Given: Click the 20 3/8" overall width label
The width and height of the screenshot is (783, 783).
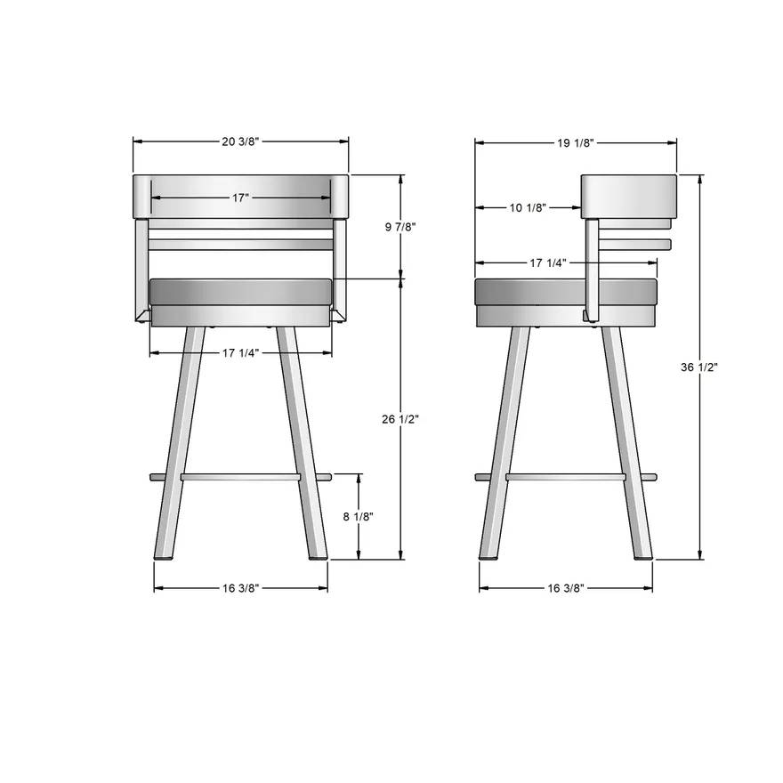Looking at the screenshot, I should coord(240,141).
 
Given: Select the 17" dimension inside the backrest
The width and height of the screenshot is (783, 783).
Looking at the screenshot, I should coord(240,198).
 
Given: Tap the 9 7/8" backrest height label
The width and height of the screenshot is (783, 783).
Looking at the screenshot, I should coord(400,228).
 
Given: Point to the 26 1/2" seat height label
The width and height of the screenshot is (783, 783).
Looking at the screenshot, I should coord(401,418).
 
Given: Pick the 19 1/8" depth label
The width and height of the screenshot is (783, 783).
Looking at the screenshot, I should coord(576,141).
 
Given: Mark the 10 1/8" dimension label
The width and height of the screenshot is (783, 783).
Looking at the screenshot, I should coord(529,207).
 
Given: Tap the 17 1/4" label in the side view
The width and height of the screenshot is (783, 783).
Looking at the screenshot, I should coord(549,262).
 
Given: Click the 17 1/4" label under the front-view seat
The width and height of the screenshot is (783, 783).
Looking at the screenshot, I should coord(240,353).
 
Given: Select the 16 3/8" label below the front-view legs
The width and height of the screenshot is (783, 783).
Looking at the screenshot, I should coord(240,588).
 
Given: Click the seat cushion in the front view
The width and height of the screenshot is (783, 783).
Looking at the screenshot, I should coord(240,291).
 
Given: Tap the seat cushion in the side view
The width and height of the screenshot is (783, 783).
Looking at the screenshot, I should coord(534,291).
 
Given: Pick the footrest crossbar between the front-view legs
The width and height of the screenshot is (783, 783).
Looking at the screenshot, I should coord(240,478).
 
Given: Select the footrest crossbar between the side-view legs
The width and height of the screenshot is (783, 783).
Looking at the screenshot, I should coord(566,478).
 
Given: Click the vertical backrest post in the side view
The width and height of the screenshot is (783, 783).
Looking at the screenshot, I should coord(590,267).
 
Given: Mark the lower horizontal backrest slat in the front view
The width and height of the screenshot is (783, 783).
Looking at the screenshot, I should coord(240,244).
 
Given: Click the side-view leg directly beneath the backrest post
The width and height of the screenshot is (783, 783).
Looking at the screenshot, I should coord(627,445).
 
